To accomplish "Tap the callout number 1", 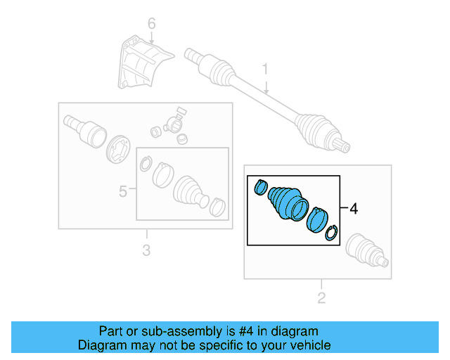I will pos(266,69).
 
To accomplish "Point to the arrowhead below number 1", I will pos(266,91).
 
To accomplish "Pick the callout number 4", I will pos(354,209).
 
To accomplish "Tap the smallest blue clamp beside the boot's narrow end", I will pos(261,187).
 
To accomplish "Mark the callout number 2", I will pos(321,298).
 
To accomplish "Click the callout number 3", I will pos(146,250).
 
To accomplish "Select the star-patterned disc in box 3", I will pos(117,150).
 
